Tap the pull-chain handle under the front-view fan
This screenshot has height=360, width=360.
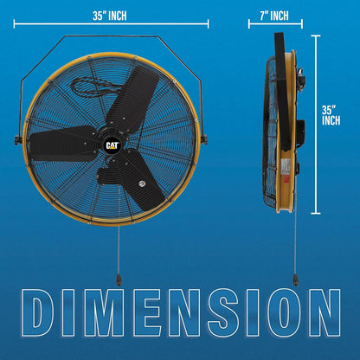coord(117,280)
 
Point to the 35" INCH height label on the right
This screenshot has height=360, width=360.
coord(331,115)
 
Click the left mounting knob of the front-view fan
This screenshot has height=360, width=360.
coord(18,139)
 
